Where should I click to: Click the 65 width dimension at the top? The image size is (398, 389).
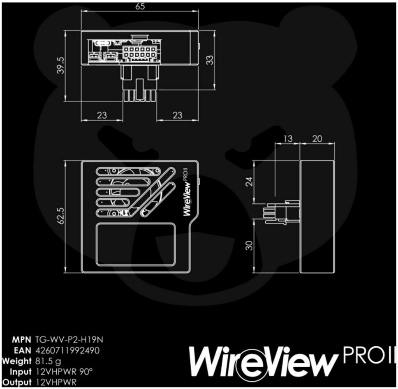click(x=140, y=6)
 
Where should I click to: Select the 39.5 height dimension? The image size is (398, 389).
click(x=61, y=65)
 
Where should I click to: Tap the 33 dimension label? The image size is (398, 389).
click(x=210, y=60)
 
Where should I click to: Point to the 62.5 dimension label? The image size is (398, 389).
click(x=61, y=216)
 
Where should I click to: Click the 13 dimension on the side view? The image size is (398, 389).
click(x=288, y=139)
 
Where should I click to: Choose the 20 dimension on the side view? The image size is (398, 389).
click(x=317, y=139)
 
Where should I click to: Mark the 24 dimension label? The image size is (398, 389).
click(x=250, y=182)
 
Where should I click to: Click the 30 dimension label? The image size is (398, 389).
click(x=250, y=245)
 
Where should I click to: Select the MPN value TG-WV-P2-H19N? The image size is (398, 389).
click(x=69, y=339)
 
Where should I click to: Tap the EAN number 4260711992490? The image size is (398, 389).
click(x=67, y=350)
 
